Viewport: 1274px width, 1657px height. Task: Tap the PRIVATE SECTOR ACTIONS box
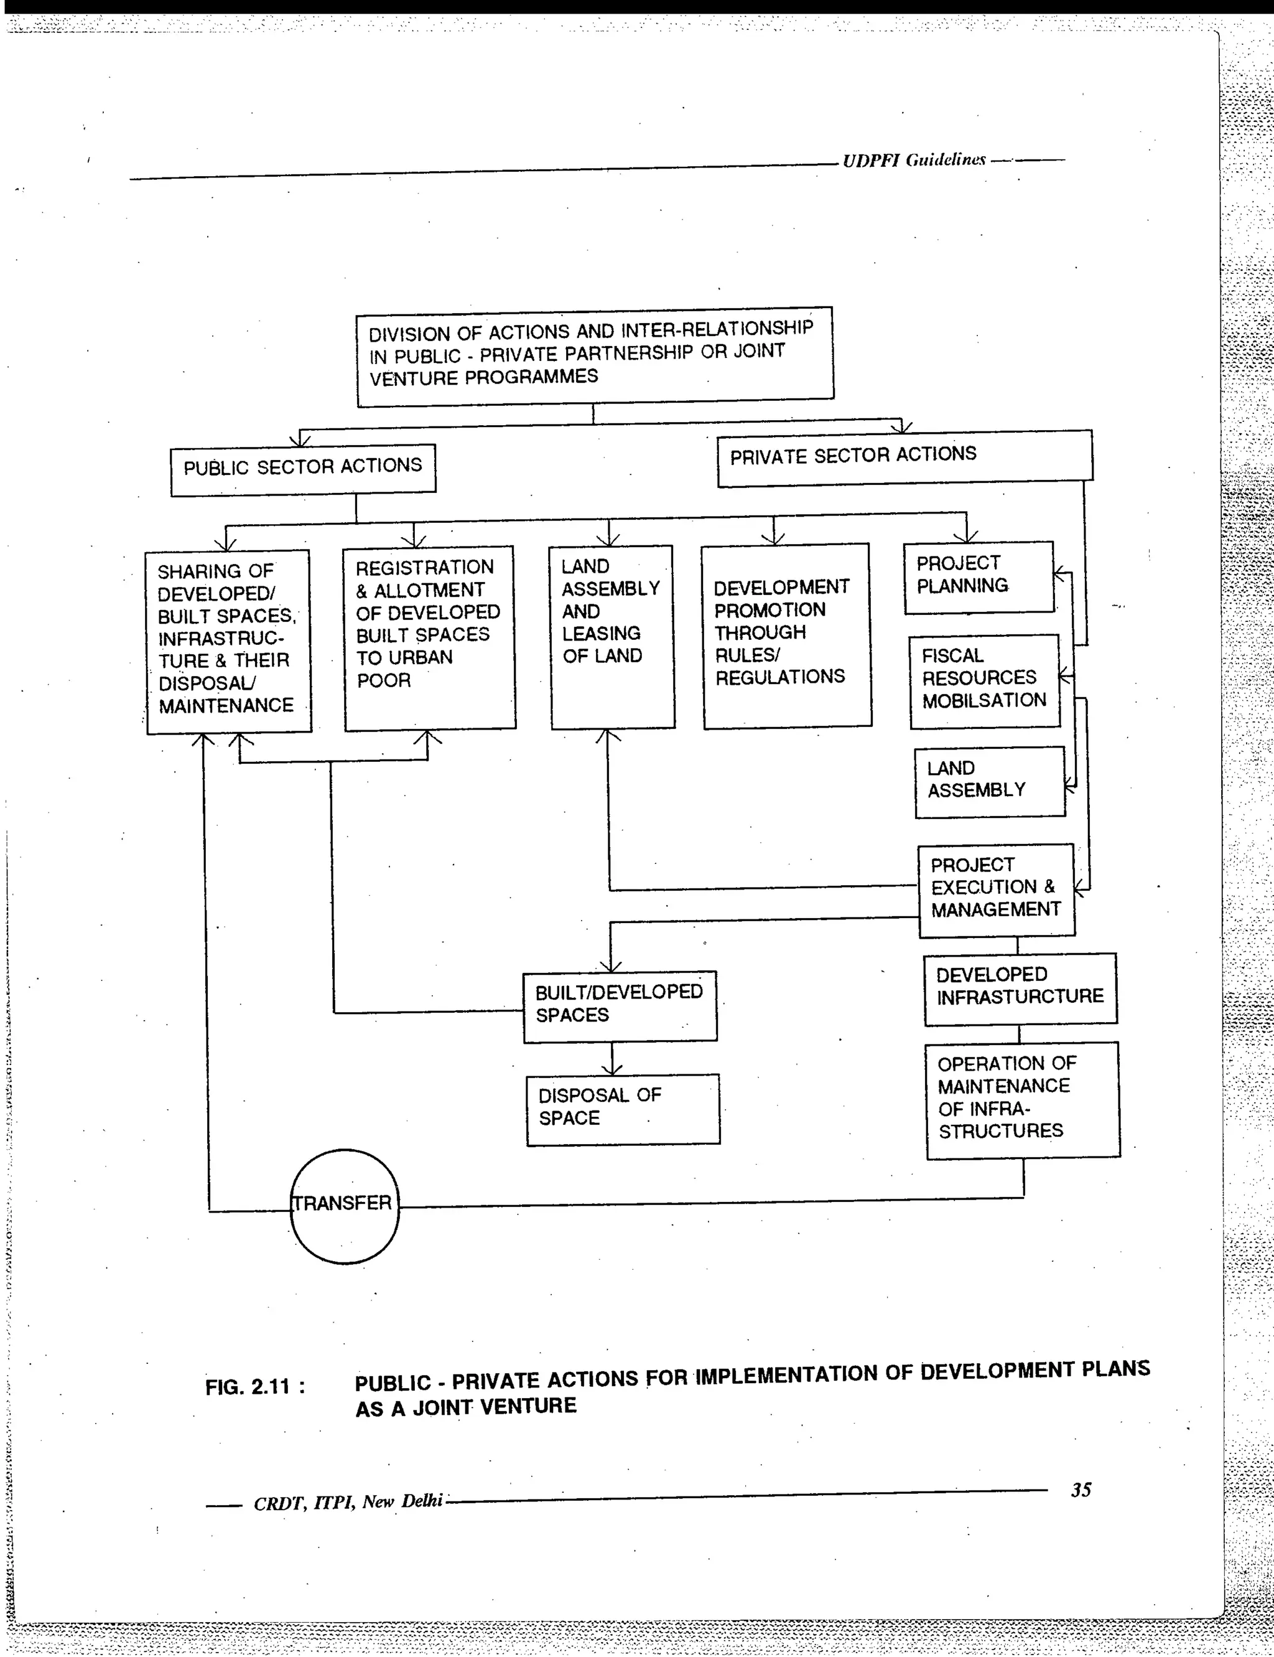coord(904,458)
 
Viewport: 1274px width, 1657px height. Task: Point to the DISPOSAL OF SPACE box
coord(623,1109)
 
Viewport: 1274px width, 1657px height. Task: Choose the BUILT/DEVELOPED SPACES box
coord(620,1006)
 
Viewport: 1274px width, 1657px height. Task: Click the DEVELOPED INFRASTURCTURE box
coord(1020,988)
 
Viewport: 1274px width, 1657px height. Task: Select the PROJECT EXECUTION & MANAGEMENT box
coord(996,890)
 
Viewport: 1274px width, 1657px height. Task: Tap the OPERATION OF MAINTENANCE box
coord(1022,1099)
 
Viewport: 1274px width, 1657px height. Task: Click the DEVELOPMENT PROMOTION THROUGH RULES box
coord(786,635)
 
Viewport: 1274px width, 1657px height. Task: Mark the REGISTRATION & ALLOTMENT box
coord(429,637)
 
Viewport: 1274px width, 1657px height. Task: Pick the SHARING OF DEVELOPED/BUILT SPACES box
coord(228,641)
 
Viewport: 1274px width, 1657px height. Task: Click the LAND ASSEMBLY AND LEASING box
coord(612,637)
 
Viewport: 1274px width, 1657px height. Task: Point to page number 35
coord(1081,1490)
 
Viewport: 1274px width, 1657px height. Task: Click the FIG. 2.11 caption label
coord(255,1387)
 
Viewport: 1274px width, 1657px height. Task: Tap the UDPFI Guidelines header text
coord(914,160)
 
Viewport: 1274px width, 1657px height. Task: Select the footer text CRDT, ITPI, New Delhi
coord(347,1502)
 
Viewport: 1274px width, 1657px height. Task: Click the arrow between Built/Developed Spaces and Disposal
coord(612,1058)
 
